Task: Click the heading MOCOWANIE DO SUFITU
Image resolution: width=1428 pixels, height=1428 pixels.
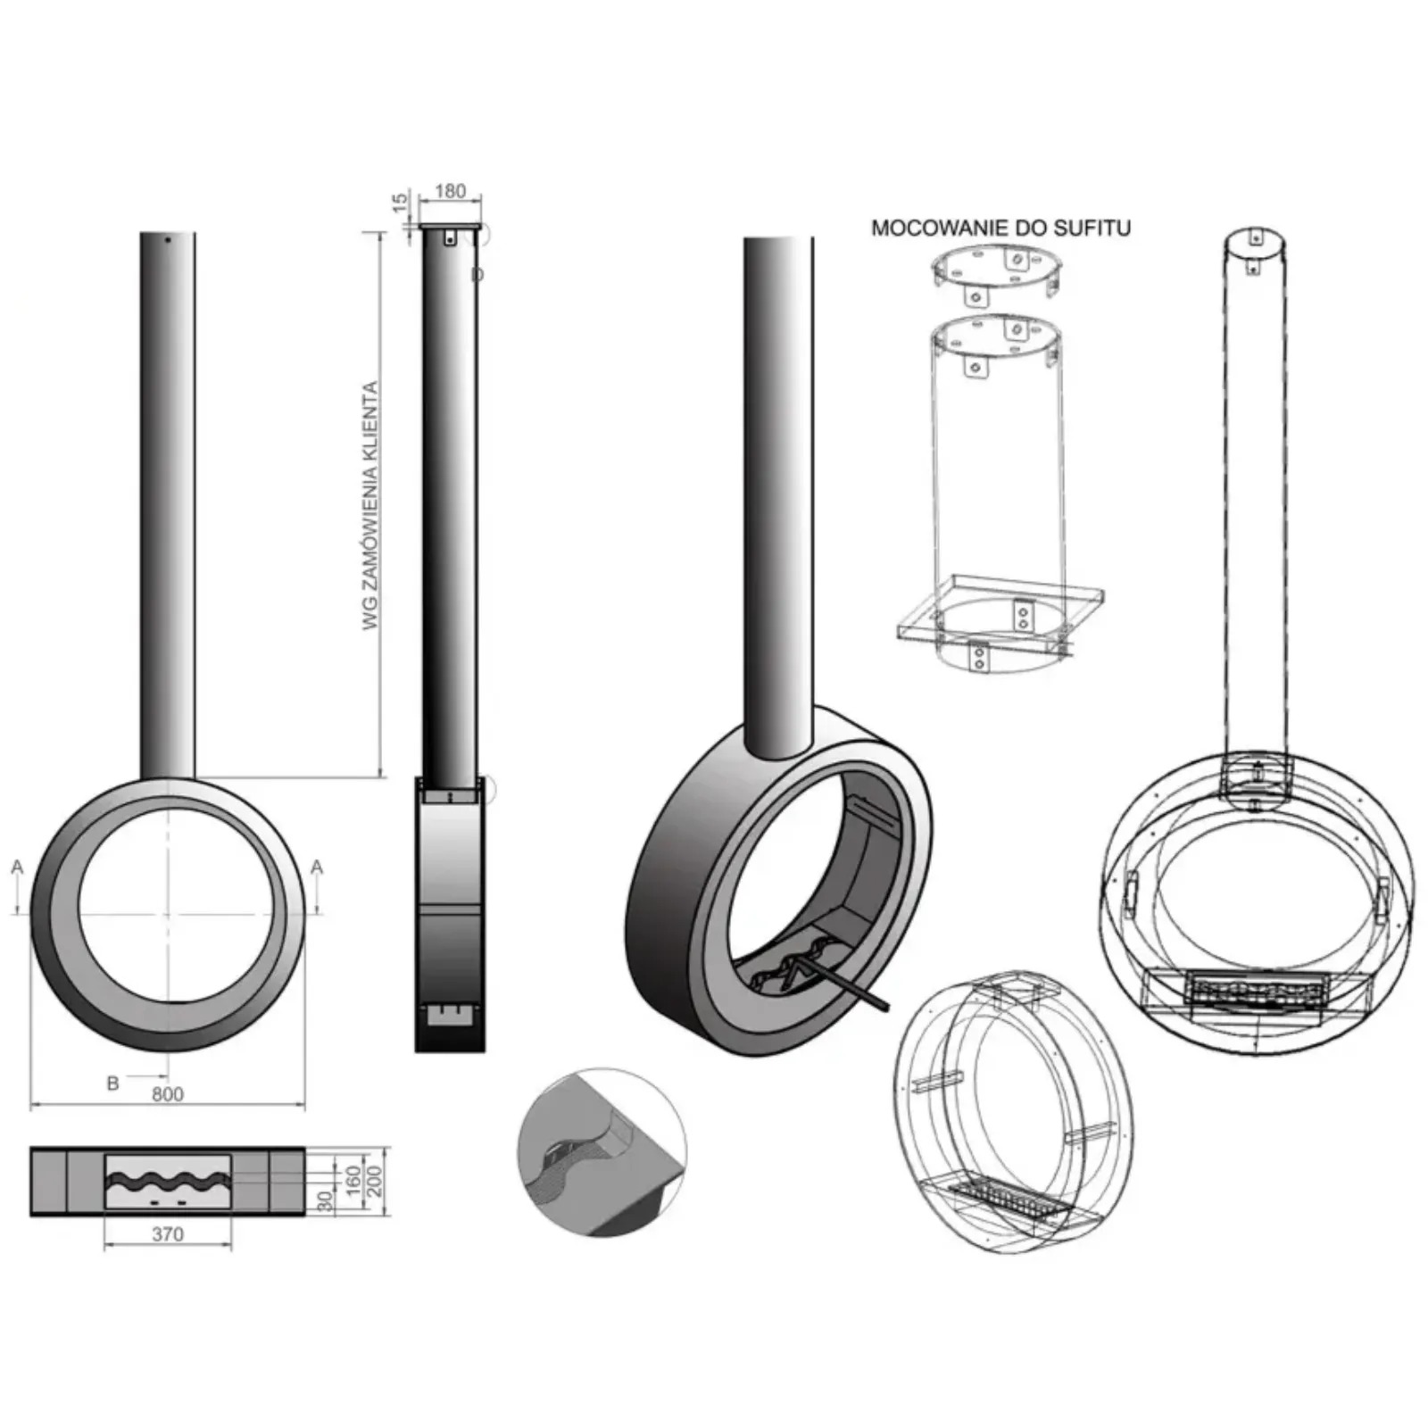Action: point(1000,228)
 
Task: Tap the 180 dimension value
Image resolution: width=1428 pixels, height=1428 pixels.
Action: point(450,191)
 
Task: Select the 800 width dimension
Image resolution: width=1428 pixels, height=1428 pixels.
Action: point(168,1094)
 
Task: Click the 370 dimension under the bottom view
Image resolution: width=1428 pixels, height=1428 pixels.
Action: point(168,1233)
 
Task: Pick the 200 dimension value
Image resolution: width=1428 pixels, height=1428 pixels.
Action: point(374,1182)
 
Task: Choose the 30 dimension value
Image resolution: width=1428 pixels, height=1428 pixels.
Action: point(327,1200)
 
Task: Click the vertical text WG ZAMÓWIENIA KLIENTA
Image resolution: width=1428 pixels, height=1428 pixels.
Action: point(371,506)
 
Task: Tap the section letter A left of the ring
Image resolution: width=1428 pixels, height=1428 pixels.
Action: point(17,867)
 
